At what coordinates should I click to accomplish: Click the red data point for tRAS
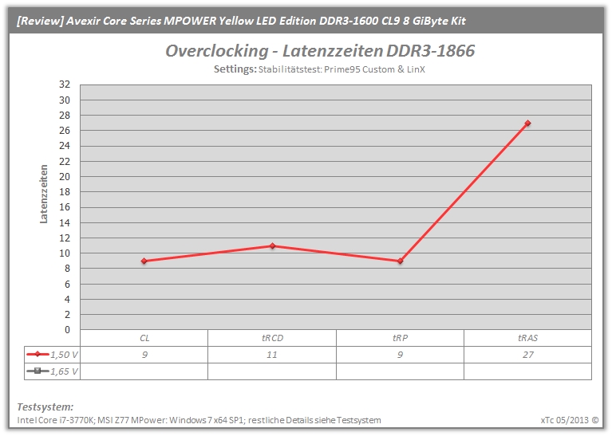(x=527, y=124)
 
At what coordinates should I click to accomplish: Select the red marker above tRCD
(x=272, y=245)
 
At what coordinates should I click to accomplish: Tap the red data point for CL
(x=144, y=261)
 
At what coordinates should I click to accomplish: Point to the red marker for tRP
(x=400, y=261)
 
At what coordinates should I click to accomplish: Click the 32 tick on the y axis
(x=65, y=84)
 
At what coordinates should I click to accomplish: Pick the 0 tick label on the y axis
(x=68, y=330)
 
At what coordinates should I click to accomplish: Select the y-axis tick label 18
(x=65, y=192)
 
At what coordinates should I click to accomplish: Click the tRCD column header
(x=272, y=338)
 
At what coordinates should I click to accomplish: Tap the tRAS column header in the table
(x=527, y=338)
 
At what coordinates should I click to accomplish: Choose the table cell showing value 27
(x=528, y=355)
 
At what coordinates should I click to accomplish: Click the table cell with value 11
(x=271, y=355)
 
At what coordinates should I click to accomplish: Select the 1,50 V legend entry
(x=53, y=355)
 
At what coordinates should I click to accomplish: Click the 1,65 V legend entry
(x=53, y=371)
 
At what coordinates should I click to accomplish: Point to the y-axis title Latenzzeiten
(x=43, y=194)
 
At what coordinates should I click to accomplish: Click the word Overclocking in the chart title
(x=217, y=51)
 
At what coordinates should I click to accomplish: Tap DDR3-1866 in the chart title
(x=431, y=51)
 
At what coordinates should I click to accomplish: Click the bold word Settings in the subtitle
(x=235, y=69)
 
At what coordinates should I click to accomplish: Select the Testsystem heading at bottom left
(x=45, y=407)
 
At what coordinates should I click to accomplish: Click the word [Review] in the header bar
(x=40, y=21)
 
